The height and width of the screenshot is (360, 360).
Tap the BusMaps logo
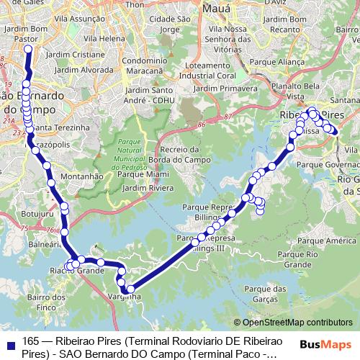[x=325, y=344]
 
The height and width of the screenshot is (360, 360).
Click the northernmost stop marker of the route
[x=28, y=49]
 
